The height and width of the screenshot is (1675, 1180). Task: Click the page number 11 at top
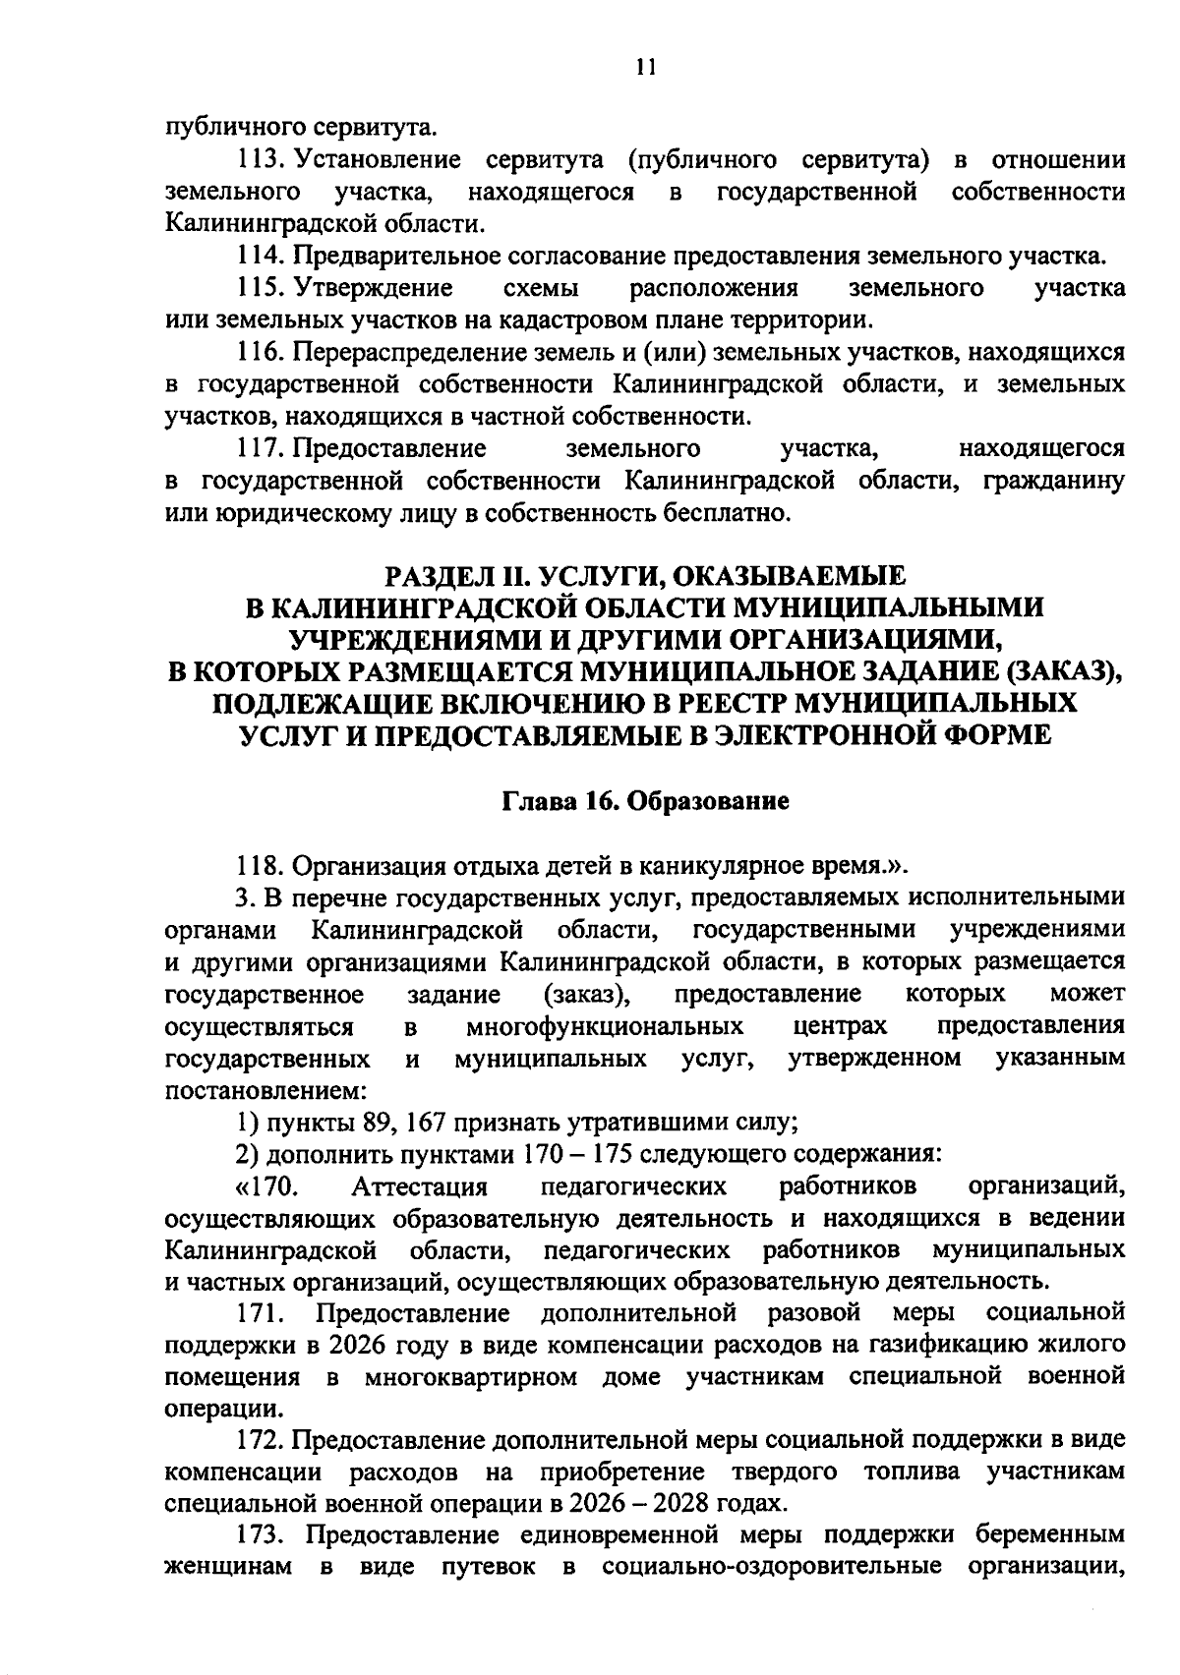click(x=644, y=67)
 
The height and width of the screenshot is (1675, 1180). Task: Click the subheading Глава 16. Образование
click(x=646, y=801)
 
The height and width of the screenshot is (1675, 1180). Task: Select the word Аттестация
click(x=421, y=1186)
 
